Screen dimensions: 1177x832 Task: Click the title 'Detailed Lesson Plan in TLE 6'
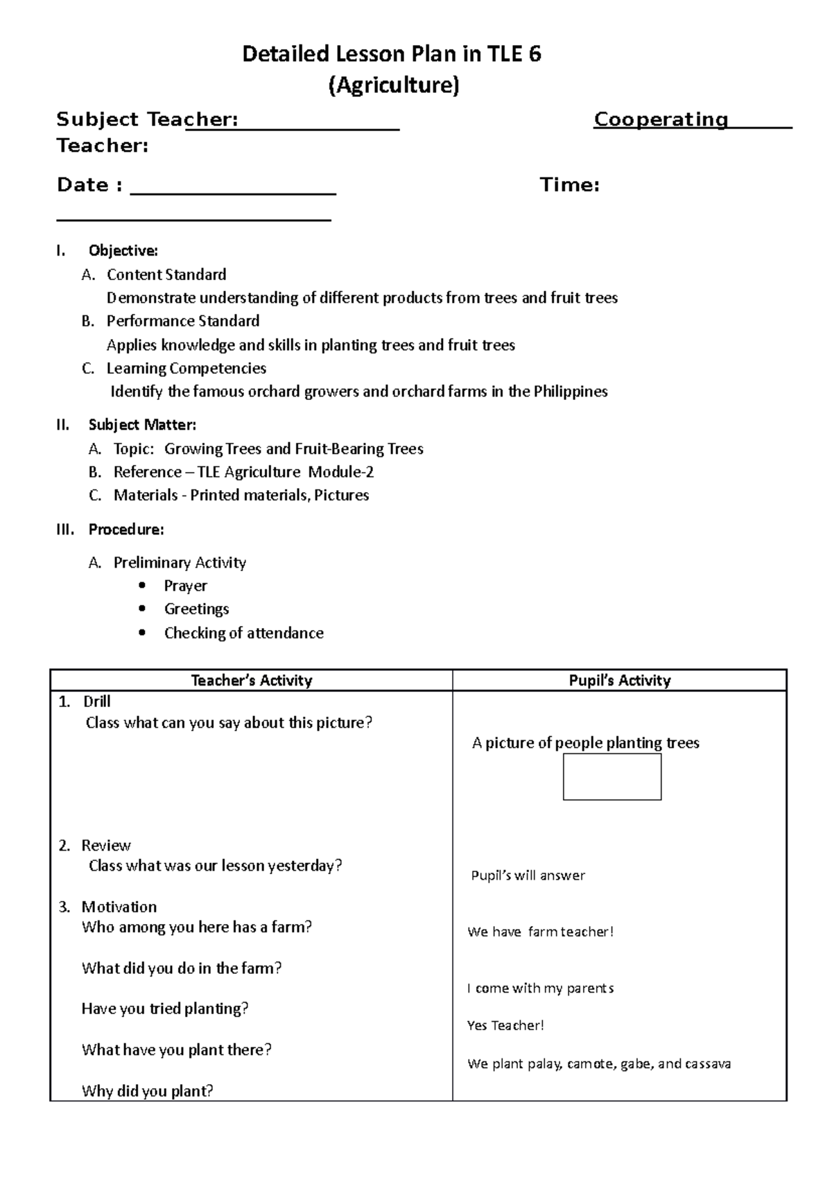coord(392,54)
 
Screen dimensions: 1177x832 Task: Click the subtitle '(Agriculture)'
coord(393,85)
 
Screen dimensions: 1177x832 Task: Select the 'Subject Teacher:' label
coord(147,120)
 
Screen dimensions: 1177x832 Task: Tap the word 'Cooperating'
coord(661,120)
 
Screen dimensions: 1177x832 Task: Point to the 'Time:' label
coord(569,185)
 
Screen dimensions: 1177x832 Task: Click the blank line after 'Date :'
coord(233,188)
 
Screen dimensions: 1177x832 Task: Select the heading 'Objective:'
coord(123,250)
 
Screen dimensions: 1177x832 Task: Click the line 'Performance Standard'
coord(183,321)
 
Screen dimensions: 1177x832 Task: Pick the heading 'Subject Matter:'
coord(142,425)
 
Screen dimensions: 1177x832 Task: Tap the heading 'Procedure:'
coord(126,530)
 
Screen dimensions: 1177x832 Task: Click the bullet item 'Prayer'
coord(185,586)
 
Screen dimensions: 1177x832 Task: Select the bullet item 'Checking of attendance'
coord(243,633)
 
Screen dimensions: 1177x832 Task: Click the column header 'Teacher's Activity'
coord(251,681)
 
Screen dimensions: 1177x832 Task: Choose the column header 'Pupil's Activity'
coord(619,681)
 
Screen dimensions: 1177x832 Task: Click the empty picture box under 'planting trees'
coord(612,777)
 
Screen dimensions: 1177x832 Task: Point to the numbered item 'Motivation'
coord(119,907)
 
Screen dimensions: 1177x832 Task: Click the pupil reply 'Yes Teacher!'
coord(505,1025)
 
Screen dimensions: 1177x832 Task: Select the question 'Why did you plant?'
coord(147,1091)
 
